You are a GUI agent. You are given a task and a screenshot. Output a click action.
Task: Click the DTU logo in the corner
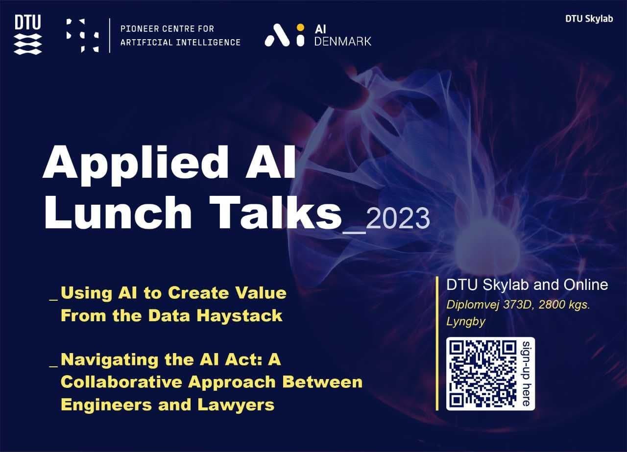click(28, 35)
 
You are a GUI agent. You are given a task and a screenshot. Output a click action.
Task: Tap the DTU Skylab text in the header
click(589, 19)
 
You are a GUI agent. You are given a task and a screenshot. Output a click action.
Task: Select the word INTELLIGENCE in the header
click(208, 43)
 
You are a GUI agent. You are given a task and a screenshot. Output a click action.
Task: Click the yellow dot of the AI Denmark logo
click(300, 27)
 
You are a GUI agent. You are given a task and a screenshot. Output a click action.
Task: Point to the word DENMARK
click(342, 42)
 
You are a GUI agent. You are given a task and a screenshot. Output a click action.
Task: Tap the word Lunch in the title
click(118, 213)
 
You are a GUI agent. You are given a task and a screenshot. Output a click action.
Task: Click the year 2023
click(398, 218)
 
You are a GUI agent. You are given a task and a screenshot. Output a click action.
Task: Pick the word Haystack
click(240, 316)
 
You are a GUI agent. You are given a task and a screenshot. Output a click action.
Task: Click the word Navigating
click(110, 360)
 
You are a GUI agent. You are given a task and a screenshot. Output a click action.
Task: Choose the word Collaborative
click(121, 382)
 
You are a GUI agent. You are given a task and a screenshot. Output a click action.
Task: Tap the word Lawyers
click(236, 405)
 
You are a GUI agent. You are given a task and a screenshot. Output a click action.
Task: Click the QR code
click(482, 374)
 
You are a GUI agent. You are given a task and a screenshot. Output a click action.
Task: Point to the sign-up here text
click(527, 374)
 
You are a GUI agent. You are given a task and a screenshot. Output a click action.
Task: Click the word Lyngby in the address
click(466, 322)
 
